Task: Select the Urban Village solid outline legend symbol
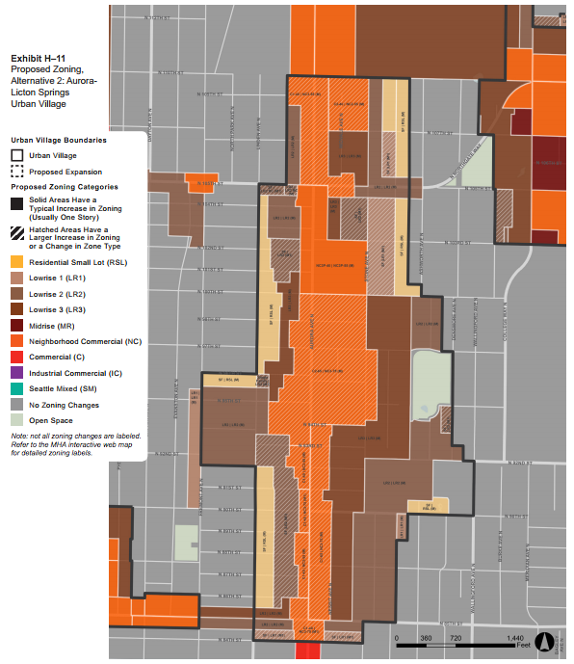pyautogui.click(x=17, y=155)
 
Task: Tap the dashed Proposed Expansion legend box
pyautogui.click(x=17, y=172)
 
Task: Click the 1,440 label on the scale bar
pyautogui.click(x=515, y=639)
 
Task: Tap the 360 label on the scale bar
pyautogui.click(x=427, y=639)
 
